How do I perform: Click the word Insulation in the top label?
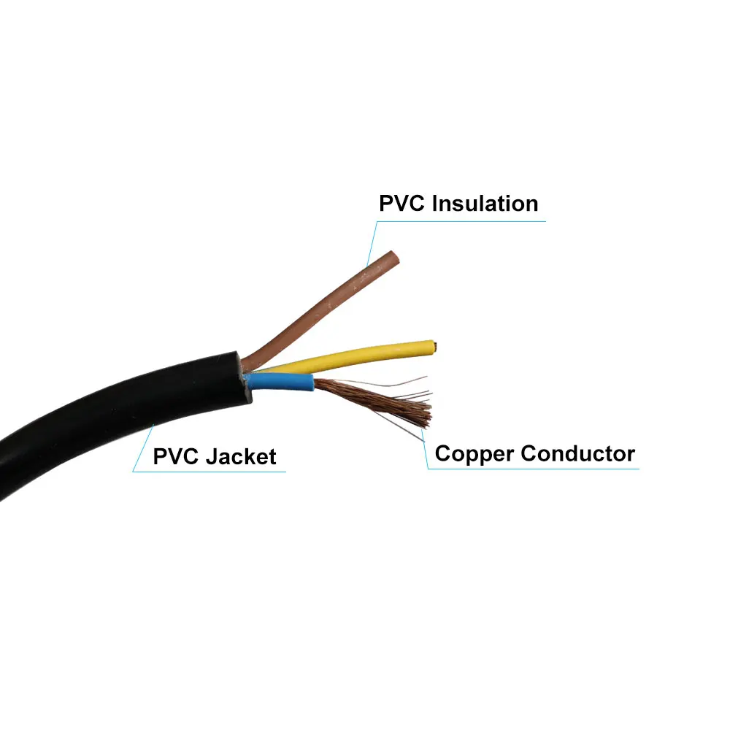[485, 203]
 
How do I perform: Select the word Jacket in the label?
[240, 457]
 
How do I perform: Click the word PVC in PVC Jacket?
[177, 457]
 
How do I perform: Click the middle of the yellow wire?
[343, 357]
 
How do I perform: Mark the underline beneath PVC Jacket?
[212, 472]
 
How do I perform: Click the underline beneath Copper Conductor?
[533, 468]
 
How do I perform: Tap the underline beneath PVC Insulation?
[460, 221]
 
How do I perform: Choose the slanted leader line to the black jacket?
[143, 447]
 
